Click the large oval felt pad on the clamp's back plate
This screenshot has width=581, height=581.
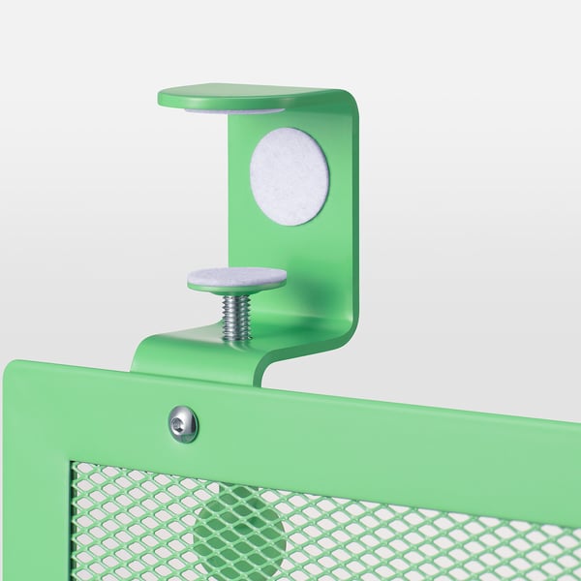[290, 176]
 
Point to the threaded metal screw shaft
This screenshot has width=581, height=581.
[236, 316]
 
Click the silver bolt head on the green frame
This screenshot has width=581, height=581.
[183, 423]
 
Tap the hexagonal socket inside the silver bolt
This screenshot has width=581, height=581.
[183, 423]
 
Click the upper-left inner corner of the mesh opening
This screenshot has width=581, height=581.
[76, 467]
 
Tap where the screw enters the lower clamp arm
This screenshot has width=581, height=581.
[236, 338]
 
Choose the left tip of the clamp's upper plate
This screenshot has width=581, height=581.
[162, 98]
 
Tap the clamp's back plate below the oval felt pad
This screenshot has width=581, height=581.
[290, 261]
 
